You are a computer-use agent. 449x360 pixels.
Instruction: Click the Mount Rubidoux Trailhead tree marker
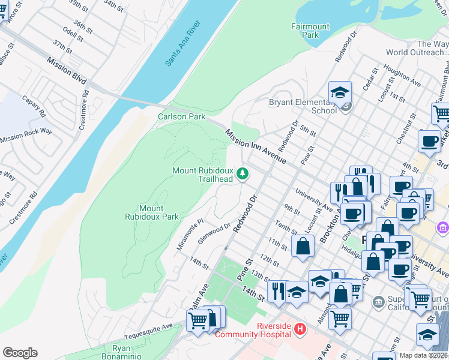point(243,174)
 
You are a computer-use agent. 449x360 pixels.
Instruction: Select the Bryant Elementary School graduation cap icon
point(339,93)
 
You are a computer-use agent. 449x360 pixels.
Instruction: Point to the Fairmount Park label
point(310,31)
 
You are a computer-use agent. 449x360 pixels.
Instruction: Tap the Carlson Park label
point(181,116)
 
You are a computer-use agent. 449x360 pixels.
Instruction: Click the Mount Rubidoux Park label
point(151,212)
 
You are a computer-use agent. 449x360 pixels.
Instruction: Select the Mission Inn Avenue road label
point(256,146)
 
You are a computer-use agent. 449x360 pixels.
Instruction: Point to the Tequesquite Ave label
point(148,332)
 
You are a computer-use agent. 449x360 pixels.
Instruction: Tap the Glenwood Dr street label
point(214,234)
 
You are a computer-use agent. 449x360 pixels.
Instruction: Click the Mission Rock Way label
point(26,135)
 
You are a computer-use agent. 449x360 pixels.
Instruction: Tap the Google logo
point(20,353)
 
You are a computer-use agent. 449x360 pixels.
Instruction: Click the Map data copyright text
point(423,355)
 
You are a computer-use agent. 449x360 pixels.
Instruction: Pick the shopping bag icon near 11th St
point(304,245)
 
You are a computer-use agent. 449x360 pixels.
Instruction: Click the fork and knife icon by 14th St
point(277,291)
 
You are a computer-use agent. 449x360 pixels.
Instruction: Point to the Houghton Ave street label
point(402,74)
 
